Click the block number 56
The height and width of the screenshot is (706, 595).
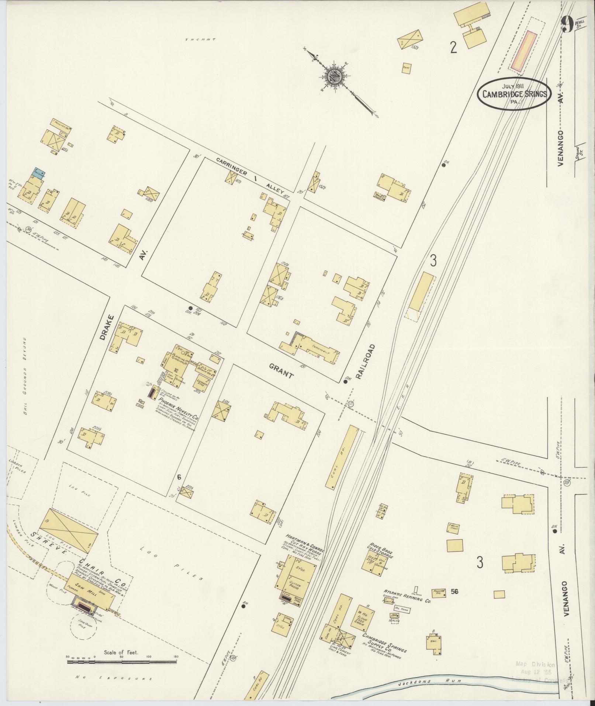[x=454, y=592]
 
